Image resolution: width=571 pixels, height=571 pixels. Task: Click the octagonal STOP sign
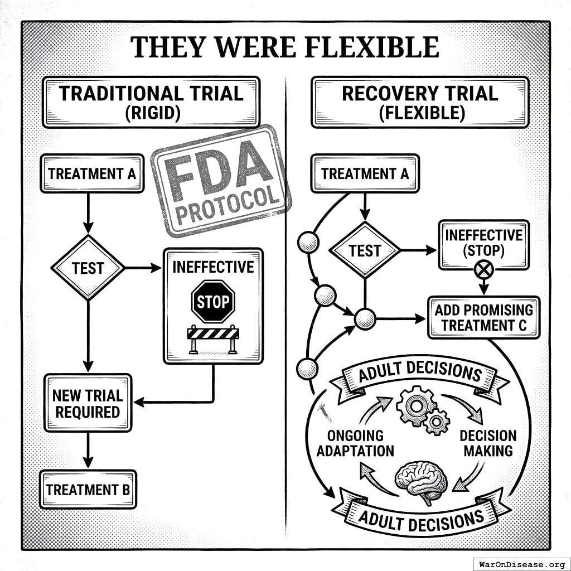213,302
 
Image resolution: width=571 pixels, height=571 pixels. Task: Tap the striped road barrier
213,338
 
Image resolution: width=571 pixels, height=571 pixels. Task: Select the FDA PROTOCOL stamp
221,180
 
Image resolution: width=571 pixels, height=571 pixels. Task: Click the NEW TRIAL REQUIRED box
88,404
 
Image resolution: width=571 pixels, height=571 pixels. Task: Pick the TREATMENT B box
88,490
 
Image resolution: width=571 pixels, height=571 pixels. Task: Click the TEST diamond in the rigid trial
88,268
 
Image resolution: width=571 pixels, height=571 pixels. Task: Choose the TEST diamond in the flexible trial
365,250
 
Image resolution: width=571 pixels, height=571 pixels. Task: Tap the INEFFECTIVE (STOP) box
483,243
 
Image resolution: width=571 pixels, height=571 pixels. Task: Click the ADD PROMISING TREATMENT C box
483,317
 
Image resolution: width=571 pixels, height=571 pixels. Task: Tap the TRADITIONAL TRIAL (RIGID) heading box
151,102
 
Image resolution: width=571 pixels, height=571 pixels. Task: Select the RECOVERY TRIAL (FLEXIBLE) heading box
419,102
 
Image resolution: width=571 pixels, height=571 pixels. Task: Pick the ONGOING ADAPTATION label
355,443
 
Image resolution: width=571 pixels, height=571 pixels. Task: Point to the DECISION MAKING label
488,443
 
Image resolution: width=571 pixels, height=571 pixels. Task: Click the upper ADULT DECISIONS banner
419,373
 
